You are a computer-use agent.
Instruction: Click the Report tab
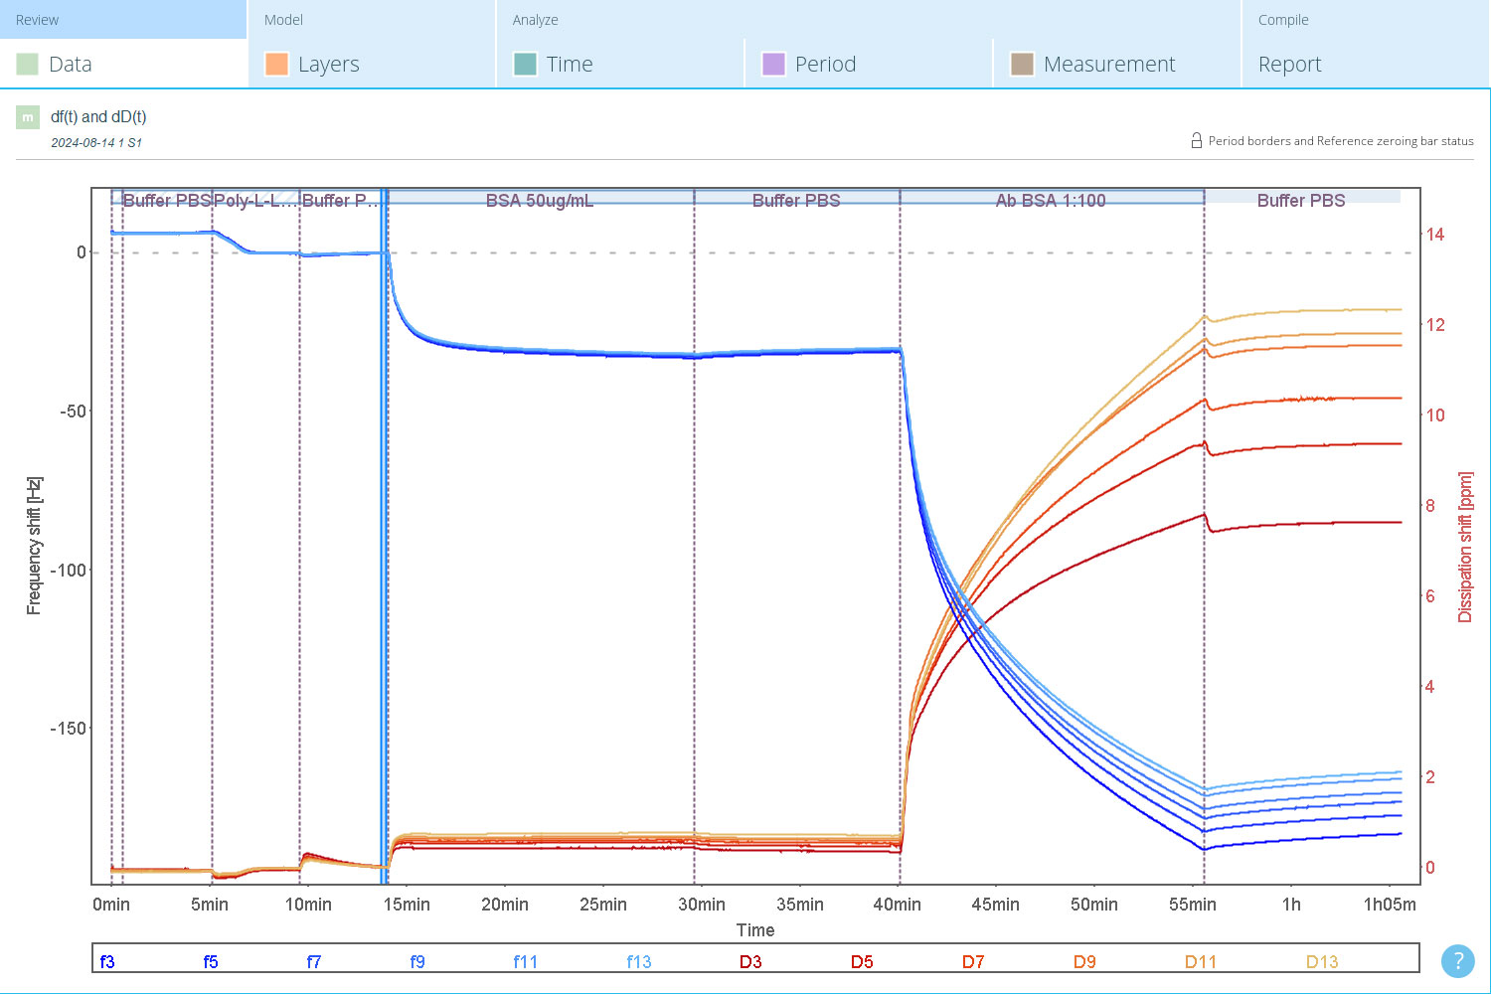point(1289,64)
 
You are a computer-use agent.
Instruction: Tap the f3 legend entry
point(107,961)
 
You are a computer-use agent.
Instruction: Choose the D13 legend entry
point(1321,961)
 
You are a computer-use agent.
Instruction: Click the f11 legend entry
point(525,961)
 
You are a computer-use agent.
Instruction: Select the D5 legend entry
point(862,961)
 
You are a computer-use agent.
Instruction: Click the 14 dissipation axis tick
point(1435,235)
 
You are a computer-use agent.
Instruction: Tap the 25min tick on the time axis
point(603,905)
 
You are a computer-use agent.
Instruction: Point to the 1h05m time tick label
point(1390,905)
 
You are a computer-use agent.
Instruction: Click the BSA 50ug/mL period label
point(539,201)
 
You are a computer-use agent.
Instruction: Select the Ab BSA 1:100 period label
point(1051,201)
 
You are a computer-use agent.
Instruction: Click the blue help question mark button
point(1458,961)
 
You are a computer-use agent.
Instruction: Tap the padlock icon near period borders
point(1196,140)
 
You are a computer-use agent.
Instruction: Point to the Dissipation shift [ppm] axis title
point(1464,548)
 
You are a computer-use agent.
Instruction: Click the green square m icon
point(27,117)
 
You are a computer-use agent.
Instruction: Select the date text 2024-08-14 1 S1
point(95,142)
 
